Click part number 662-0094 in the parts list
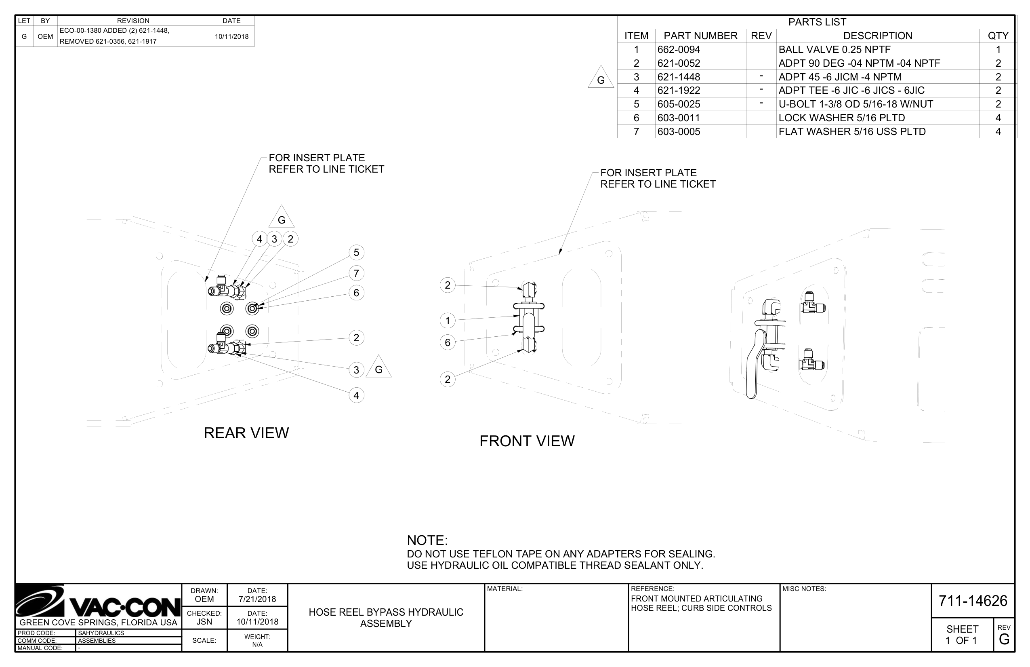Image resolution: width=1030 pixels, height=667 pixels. (x=678, y=49)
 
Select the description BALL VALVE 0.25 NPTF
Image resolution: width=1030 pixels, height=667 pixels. (x=834, y=49)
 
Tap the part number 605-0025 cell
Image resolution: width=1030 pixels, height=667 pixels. (x=678, y=104)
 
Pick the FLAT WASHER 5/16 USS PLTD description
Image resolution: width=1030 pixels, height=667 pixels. (x=852, y=131)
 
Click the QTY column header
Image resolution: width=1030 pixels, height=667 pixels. (x=998, y=36)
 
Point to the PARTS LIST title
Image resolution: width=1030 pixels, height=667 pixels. (x=817, y=22)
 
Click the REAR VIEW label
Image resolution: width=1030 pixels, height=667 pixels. (x=246, y=433)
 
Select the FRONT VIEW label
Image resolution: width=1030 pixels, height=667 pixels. (x=527, y=441)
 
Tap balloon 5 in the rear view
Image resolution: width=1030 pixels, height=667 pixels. (x=356, y=253)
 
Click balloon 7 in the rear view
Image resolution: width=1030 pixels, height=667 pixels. (x=356, y=273)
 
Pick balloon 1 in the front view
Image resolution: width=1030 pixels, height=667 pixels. (x=448, y=321)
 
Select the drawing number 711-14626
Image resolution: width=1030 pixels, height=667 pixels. (x=973, y=601)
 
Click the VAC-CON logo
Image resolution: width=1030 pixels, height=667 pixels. (x=98, y=602)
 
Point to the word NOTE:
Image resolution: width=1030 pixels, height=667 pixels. (x=427, y=540)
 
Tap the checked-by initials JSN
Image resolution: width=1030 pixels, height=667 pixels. (x=204, y=622)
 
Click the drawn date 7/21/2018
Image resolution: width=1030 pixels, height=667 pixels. (x=257, y=599)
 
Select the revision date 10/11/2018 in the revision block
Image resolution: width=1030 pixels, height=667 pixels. (x=231, y=36)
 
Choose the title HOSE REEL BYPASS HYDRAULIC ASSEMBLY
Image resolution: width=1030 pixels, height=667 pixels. (x=386, y=618)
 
